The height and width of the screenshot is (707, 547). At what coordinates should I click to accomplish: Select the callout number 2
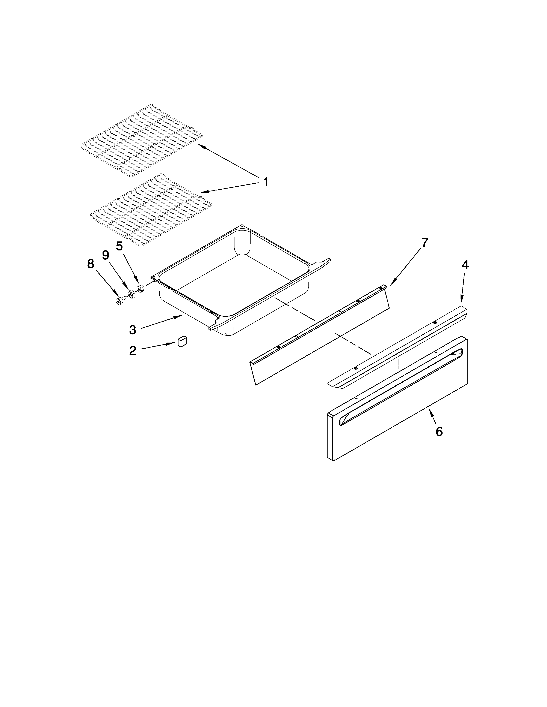(133, 351)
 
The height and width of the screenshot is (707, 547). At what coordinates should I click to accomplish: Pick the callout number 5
(119, 246)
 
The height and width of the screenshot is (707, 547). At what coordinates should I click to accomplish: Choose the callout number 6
(439, 431)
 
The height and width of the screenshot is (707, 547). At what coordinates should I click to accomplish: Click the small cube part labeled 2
(183, 341)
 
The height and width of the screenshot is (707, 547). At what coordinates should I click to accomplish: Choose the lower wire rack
(151, 210)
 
